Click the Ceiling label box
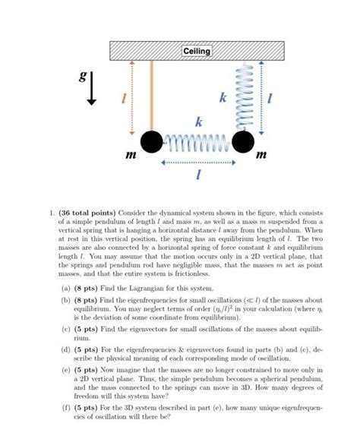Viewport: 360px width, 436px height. pos(197,51)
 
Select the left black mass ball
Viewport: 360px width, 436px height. pos(151,141)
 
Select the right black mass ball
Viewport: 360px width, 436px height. pos(243,141)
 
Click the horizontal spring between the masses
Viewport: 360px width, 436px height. pos(197,141)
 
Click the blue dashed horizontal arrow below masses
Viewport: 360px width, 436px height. pos(197,161)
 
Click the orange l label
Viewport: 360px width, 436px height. pos(116,99)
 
